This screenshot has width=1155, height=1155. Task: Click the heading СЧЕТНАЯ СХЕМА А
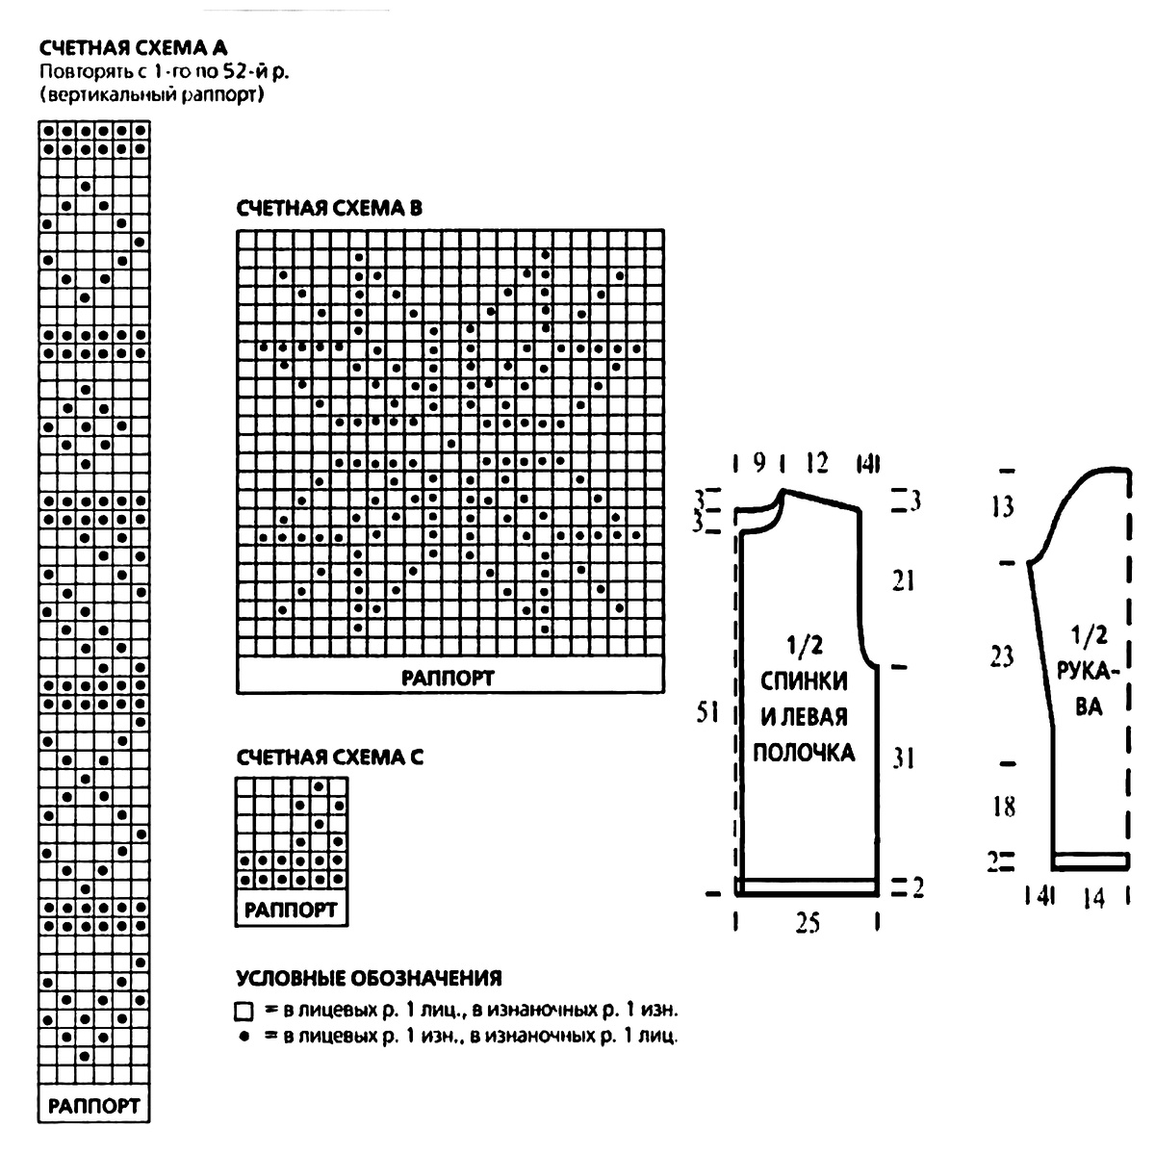134,47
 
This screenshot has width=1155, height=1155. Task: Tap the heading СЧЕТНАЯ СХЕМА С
329,757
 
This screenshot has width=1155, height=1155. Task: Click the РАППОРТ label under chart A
94,1105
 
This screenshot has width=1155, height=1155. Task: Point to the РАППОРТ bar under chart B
449,678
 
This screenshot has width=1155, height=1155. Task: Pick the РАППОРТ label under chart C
291,910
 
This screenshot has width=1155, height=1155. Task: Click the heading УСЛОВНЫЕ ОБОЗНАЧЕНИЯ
369,979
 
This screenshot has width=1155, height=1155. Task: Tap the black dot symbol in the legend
244,1037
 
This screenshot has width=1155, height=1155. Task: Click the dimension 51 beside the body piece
708,714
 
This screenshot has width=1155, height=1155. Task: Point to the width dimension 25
808,923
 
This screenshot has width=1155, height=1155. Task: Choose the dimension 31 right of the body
903,758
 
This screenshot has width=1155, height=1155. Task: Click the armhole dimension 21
903,580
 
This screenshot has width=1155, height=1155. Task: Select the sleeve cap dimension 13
1003,506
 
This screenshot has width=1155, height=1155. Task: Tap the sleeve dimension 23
1002,656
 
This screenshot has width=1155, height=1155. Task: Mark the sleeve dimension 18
1003,806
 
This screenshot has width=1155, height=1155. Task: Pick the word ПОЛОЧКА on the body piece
804,752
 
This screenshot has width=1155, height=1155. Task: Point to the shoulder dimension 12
816,464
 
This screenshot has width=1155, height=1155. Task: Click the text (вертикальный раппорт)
152,95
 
